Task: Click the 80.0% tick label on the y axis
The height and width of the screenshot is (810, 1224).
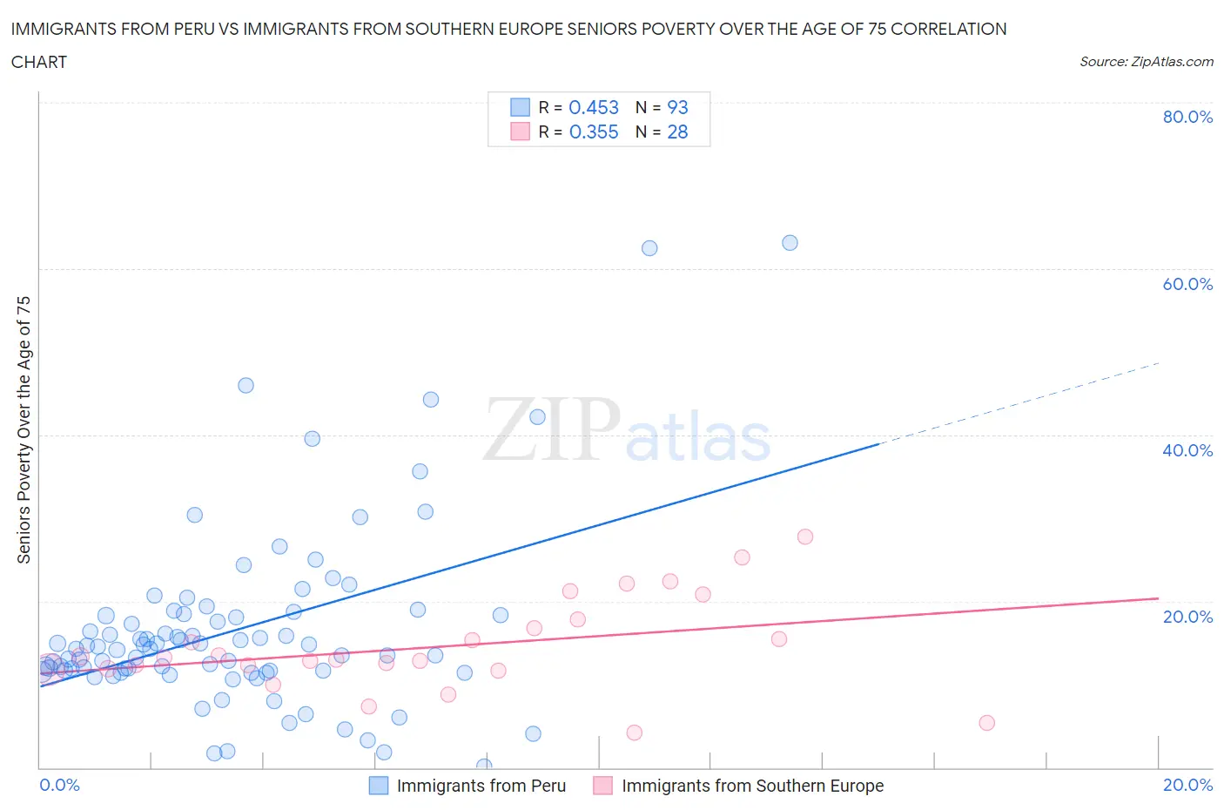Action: [x=1187, y=117]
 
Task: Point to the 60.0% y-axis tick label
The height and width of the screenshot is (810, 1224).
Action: [x=1187, y=284]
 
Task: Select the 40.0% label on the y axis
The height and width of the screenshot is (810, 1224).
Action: [x=1187, y=450]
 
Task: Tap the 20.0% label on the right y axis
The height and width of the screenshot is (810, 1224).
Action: [x=1187, y=617]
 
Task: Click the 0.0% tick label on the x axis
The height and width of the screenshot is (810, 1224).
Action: [x=59, y=785]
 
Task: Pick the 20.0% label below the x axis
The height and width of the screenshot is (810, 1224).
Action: [x=1187, y=785]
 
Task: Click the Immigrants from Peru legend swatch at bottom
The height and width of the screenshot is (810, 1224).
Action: [x=379, y=786]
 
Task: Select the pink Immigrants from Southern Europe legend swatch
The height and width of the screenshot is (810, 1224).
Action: [x=602, y=786]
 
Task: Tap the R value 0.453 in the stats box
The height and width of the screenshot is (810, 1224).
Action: [x=593, y=107]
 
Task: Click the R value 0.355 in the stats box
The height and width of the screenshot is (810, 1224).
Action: [x=593, y=132]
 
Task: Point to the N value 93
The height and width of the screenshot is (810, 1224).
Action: [x=677, y=107]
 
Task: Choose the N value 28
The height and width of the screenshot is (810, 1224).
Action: [x=677, y=132]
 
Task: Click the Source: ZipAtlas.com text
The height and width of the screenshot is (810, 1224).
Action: [x=1146, y=61]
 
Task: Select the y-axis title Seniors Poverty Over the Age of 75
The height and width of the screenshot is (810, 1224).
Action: [x=24, y=429]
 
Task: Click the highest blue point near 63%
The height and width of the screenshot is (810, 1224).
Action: [x=790, y=243]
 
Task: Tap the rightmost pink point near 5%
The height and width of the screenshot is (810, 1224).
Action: [x=986, y=723]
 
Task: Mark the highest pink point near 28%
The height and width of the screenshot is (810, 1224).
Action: [x=805, y=537]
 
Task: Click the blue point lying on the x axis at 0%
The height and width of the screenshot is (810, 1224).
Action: [x=484, y=766]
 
